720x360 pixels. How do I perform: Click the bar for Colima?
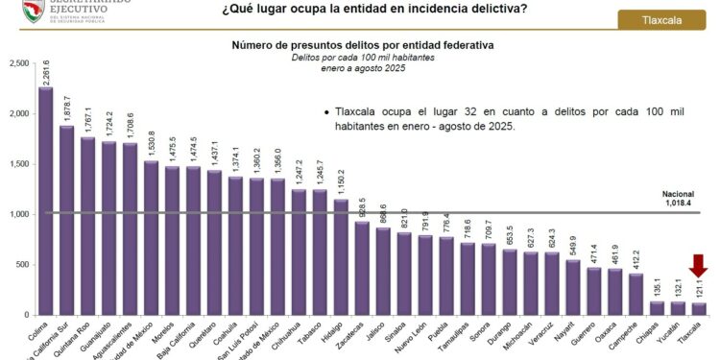click(x=45, y=202)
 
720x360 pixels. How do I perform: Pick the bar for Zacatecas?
click(x=362, y=269)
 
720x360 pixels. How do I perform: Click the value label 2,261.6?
click(x=46, y=71)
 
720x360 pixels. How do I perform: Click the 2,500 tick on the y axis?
click(x=18, y=63)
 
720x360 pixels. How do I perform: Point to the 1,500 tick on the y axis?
click(x=18, y=164)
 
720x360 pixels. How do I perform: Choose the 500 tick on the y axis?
click(x=22, y=265)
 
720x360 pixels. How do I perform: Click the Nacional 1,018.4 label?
click(x=679, y=199)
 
